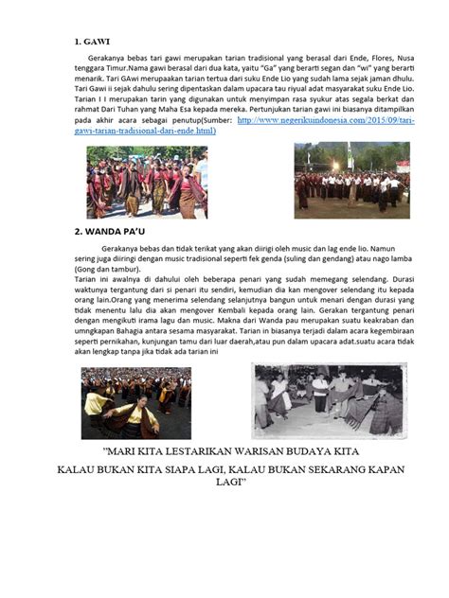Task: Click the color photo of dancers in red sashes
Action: (146, 183)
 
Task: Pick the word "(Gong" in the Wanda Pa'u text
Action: (88, 270)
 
